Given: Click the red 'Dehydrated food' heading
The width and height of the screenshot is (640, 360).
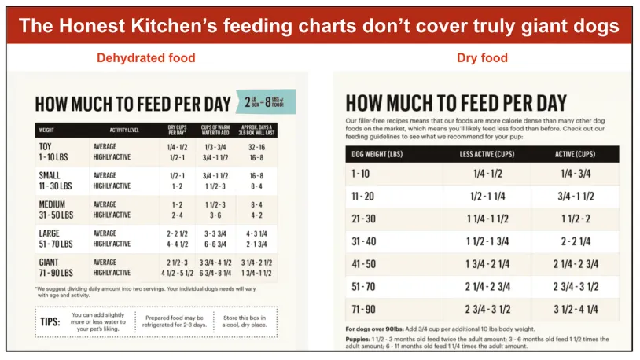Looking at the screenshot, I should [145, 57].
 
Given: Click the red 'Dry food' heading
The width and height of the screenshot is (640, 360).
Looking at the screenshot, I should [482, 57].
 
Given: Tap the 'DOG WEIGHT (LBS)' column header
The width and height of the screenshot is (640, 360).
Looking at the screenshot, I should [377, 153].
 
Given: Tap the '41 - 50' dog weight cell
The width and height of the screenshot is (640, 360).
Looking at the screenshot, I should [363, 264].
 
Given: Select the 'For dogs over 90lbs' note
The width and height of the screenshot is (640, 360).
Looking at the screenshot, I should [375, 329].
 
